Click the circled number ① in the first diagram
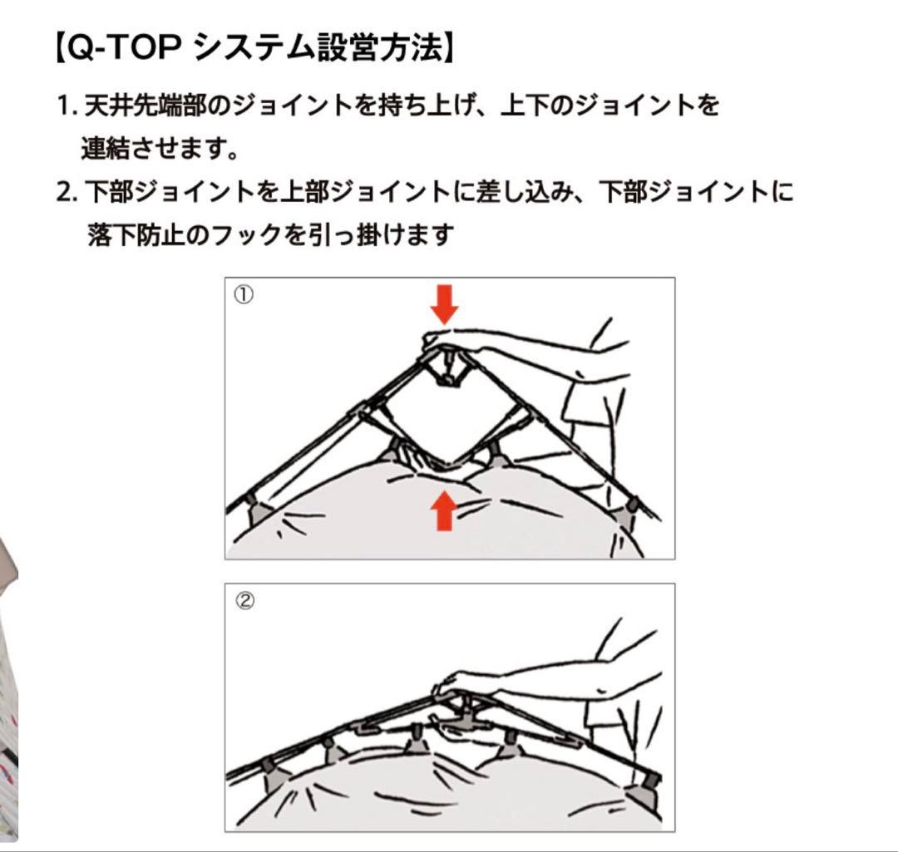[x=243, y=295]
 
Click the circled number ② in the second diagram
[x=243, y=601]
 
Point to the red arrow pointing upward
[x=445, y=510]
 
